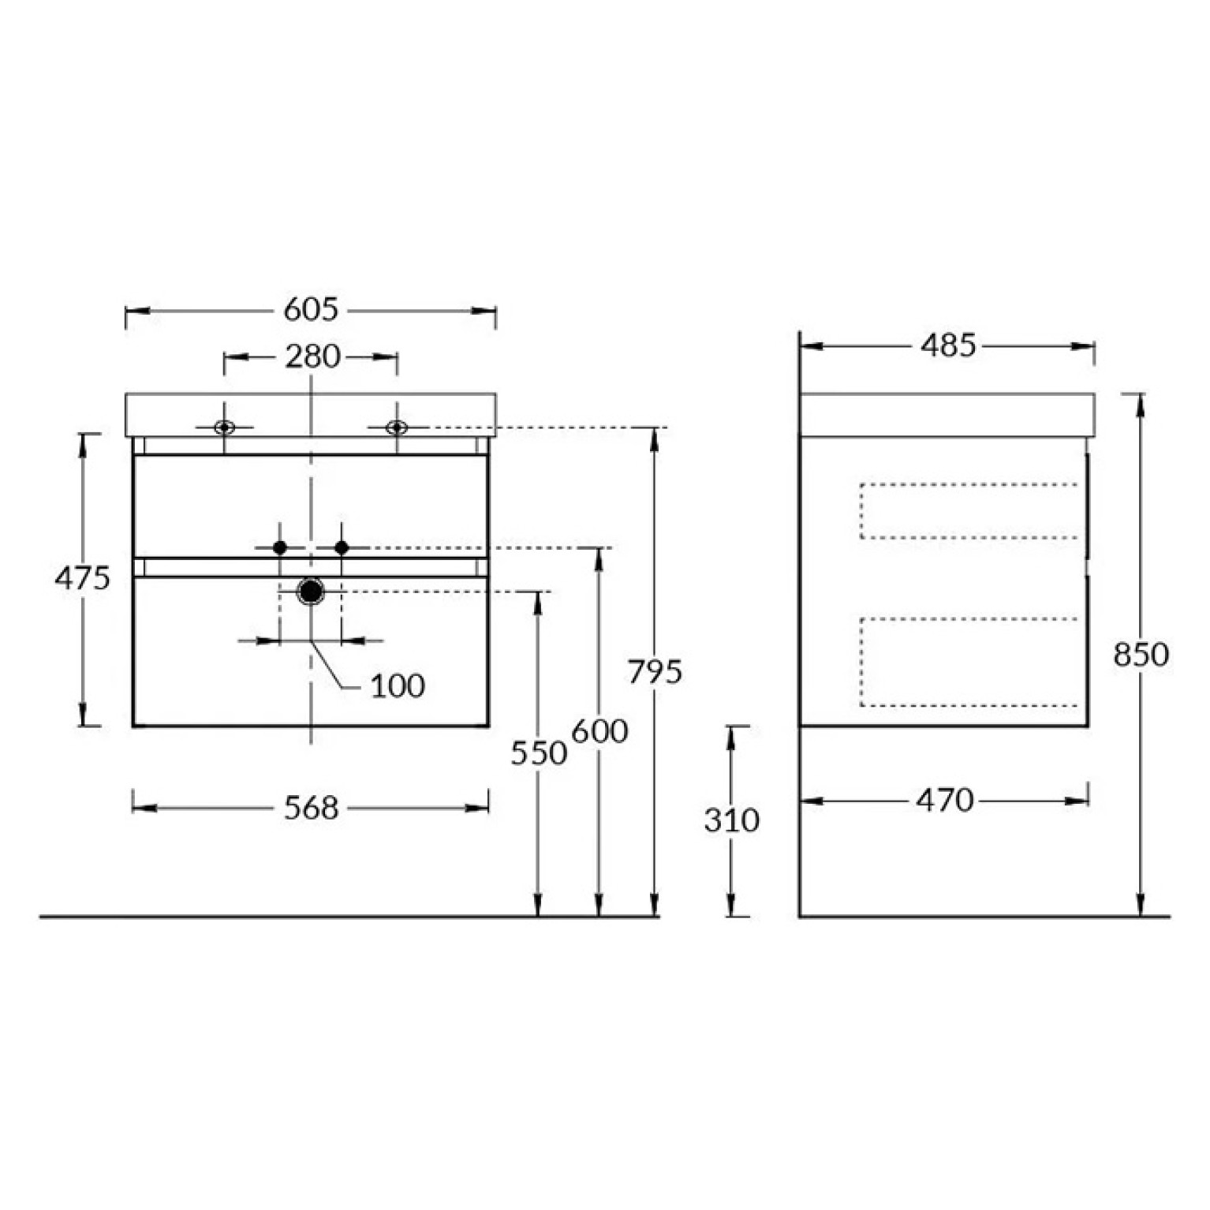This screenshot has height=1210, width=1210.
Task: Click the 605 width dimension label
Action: (x=311, y=309)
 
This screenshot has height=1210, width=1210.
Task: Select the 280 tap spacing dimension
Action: (x=312, y=357)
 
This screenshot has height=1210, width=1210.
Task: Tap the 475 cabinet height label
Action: (x=82, y=579)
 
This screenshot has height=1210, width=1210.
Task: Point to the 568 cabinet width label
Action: (x=311, y=808)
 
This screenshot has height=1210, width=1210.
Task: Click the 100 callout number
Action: (x=398, y=685)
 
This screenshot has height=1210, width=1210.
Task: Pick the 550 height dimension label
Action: (x=539, y=753)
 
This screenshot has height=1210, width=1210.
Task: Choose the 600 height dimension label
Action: (x=599, y=731)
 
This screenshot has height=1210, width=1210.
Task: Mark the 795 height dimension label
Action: (x=655, y=671)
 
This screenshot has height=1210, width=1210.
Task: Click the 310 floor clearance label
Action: (x=732, y=820)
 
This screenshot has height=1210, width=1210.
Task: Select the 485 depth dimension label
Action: (x=948, y=345)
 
